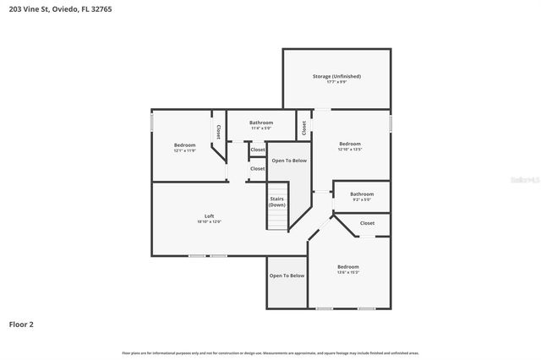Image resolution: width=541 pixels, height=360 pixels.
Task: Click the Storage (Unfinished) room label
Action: pyautogui.click(x=336, y=77)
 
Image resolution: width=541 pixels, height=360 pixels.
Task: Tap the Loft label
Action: pyautogui.click(x=196, y=216)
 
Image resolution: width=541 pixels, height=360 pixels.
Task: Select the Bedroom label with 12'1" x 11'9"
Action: pyautogui.click(x=184, y=145)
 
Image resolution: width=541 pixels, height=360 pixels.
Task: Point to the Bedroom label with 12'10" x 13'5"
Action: pyautogui.click(x=349, y=145)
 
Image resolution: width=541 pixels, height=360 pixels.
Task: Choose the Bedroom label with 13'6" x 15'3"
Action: pyautogui.click(x=347, y=267)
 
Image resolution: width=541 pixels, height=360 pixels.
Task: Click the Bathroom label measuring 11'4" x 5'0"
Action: pyautogui.click(x=260, y=123)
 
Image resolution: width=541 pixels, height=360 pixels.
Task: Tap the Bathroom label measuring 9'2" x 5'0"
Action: pyautogui.click(x=362, y=194)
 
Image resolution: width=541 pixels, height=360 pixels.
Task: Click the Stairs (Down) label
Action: pyautogui.click(x=277, y=202)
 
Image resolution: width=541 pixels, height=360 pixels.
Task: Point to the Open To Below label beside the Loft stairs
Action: pyautogui.click(x=288, y=160)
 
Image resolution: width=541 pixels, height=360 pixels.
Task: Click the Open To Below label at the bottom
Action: pyautogui.click(x=287, y=275)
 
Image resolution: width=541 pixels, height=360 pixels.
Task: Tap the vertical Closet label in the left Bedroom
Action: pyautogui.click(x=218, y=132)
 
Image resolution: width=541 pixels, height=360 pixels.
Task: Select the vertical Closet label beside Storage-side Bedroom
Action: pyautogui.click(x=304, y=127)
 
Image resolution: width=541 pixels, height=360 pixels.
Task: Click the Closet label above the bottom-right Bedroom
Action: pyautogui.click(x=367, y=223)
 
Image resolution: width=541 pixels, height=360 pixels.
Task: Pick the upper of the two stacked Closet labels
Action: pyautogui.click(x=258, y=150)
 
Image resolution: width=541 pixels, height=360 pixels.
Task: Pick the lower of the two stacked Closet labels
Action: pyautogui.click(x=258, y=168)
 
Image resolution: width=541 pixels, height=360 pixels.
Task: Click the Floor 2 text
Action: pyautogui.click(x=21, y=324)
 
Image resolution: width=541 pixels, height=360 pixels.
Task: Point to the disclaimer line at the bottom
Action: pyautogui.click(x=270, y=352)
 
